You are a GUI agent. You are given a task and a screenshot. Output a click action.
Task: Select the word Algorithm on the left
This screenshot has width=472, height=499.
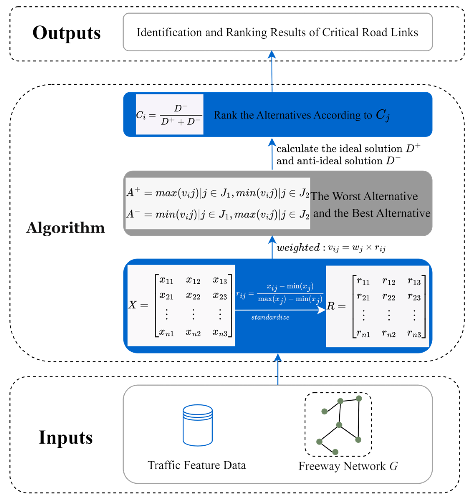click(65, 228)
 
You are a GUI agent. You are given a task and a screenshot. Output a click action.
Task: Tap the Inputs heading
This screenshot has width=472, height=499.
click(66, 437)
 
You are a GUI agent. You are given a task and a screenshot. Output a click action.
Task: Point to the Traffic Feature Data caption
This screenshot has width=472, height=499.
click(197, 465)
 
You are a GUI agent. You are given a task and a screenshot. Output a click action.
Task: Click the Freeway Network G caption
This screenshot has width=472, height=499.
click(348, 466)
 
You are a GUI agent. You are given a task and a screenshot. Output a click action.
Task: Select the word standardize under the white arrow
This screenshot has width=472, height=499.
click(270, 317)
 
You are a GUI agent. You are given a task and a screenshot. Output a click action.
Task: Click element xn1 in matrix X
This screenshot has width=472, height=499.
click(166, 333)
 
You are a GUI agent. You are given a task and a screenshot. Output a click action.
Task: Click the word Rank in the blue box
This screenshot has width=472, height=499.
click(225, 115)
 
